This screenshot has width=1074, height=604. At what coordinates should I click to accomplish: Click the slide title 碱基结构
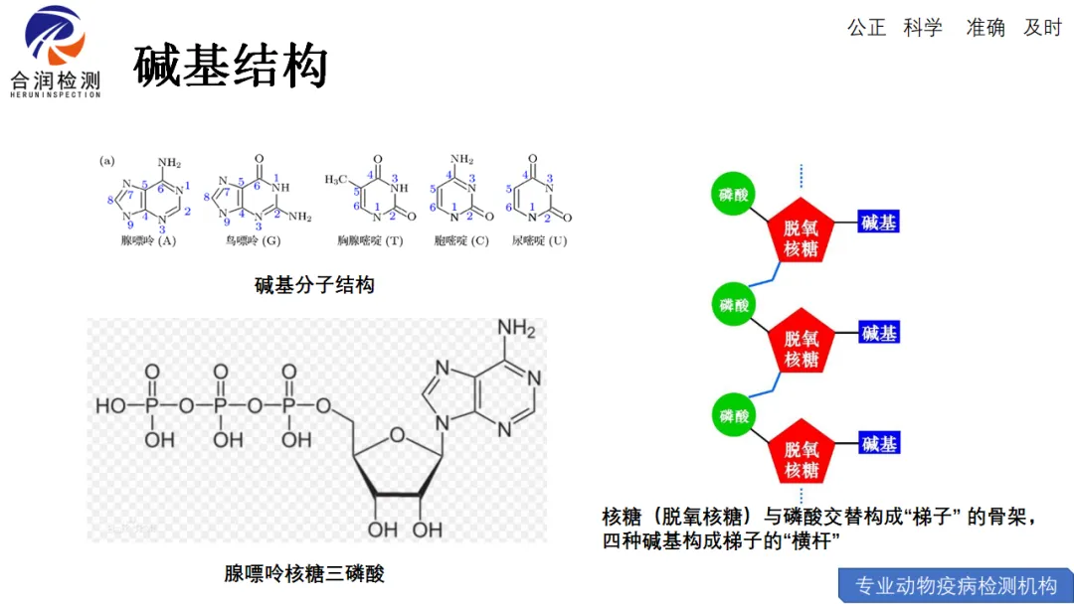coord(231,66)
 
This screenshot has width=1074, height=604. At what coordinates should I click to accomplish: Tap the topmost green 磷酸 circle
coord(734,195)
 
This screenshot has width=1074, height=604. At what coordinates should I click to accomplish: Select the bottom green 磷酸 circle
coord(734,415)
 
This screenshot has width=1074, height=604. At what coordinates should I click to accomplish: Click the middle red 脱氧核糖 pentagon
coord(801,348)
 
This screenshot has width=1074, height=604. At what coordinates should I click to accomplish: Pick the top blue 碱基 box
coord(878,223)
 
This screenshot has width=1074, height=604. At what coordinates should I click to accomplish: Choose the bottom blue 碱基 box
coord(878,443)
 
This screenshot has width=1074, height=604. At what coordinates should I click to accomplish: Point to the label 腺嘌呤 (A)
coord(147,240)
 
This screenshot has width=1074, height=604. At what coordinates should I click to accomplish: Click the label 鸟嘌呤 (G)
coord(254,240)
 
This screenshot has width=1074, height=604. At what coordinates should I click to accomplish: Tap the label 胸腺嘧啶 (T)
coord(369,240)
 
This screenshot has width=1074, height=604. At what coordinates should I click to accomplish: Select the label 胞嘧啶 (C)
coord(461,240)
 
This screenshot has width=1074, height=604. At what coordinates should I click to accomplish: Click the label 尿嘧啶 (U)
coord(539,240)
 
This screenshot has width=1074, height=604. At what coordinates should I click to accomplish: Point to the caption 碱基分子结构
coord(314,286)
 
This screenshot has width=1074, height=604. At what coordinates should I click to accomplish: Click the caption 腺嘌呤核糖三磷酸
coord(304,573)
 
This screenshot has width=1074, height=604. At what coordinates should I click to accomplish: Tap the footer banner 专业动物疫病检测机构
coord(956,585)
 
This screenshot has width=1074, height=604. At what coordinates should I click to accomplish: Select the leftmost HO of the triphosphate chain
coord(110,405)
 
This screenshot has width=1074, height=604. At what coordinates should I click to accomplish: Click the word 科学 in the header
coord(923,28)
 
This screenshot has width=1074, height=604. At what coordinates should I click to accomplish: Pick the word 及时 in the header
coord(1042,28)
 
